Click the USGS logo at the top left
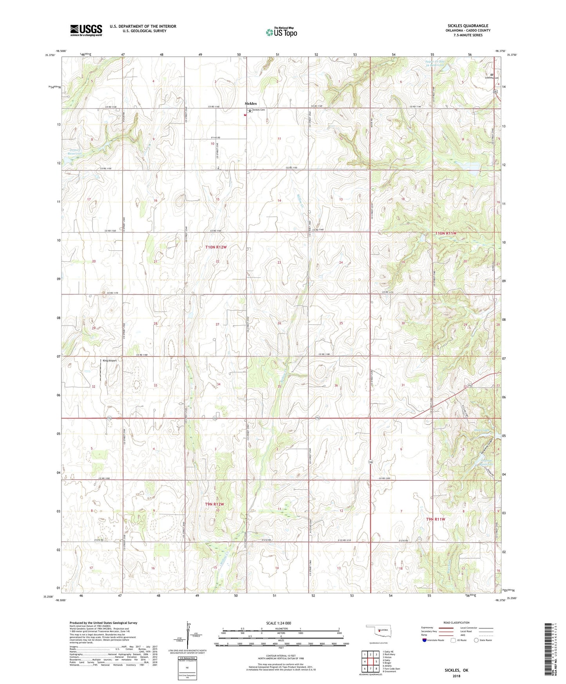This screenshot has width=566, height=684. (x=86, y=30)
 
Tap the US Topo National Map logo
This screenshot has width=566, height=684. (x=281, y=32)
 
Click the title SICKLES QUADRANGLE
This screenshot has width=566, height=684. (x=468, y=26)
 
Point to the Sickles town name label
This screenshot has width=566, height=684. (x=251, y=103)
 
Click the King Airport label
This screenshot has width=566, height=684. (x=110, y=360)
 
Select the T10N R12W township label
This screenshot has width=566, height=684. (x=216, y=247)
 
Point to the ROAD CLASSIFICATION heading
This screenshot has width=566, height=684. (x=456, y=622)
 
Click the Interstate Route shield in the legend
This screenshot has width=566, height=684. (x=425, y=640)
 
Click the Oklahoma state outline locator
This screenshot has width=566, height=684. (x=378, y=630)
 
